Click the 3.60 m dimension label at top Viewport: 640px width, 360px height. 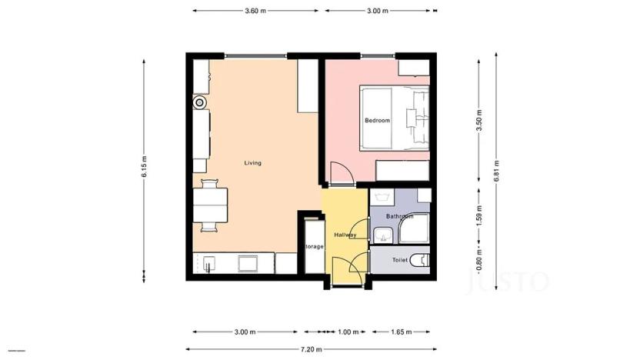[x=255, y=11]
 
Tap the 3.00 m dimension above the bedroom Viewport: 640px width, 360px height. [x=378, y=11]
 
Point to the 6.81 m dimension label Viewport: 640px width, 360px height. [x=498, y=168]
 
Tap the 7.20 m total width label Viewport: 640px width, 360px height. [x=311, y=348]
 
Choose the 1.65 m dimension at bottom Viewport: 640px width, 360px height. [x=401, y=332]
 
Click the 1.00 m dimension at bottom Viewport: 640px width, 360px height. [x=348, y=332]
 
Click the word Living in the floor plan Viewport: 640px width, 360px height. [x=252, y=163]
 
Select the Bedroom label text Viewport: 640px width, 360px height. [x=377, y=121]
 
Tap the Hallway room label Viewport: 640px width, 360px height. [x=345, y=235]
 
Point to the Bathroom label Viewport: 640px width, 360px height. [x=400, y=217]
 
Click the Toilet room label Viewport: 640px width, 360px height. [x=400, y=260]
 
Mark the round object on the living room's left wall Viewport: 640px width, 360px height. [x=200, y=102]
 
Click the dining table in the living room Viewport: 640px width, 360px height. [x=210, y=205]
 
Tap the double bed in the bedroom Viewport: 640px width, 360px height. [x=395, y=117]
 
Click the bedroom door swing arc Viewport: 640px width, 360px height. [x=340, y=171]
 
